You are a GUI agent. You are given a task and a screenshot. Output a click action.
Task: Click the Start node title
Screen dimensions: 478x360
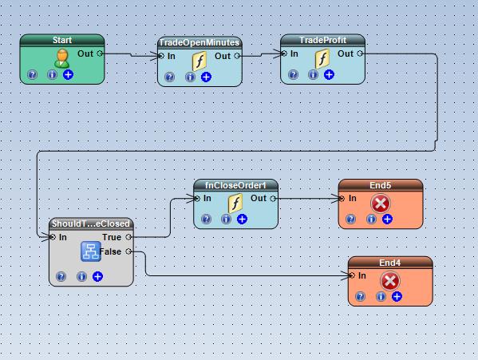tap(62, 40)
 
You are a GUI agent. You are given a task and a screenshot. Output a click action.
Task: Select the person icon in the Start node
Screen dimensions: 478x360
tap(61, 58)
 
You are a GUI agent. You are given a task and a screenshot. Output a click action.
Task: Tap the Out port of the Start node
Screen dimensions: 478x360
tap(100, 53)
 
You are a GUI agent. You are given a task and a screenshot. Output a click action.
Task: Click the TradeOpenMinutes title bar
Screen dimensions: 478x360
tap(199, 42)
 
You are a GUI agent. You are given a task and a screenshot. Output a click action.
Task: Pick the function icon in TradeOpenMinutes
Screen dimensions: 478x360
tap(199, 61)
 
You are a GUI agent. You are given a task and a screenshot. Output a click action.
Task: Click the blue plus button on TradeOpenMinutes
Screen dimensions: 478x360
tap(206, 77)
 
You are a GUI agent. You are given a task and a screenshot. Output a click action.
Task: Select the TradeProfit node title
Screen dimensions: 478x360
tap(322, 40)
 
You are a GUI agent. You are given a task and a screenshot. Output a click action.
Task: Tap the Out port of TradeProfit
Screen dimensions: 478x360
tap(360, 53)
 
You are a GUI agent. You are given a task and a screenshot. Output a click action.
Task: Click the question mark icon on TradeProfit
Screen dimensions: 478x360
tap(293, 74)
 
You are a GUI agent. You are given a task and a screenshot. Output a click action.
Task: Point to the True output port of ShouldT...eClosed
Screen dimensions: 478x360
tap(128, 237)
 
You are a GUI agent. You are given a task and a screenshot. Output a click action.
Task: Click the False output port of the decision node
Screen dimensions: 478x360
tap(128, 251)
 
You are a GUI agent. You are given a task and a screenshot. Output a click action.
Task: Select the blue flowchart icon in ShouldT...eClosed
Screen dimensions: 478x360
tap(91, 251)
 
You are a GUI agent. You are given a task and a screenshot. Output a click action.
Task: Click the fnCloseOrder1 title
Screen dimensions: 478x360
tap(235, 185)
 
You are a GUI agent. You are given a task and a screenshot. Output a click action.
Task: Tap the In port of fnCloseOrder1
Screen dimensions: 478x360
tap(197, 199)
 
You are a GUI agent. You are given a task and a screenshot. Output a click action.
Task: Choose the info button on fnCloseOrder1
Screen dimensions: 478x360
tap(226, 219)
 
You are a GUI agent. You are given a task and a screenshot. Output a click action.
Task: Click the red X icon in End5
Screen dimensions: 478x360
tap(381, 204)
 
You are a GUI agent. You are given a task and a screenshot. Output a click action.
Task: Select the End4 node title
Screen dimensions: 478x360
tap(390, 263)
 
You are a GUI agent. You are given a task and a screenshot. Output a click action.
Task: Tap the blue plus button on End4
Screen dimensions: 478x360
tap(397, 296)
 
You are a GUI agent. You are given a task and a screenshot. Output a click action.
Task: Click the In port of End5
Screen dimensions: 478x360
tap(342, 199)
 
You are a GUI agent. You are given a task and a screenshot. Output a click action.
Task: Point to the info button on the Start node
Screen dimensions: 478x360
tap(52, 74)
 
